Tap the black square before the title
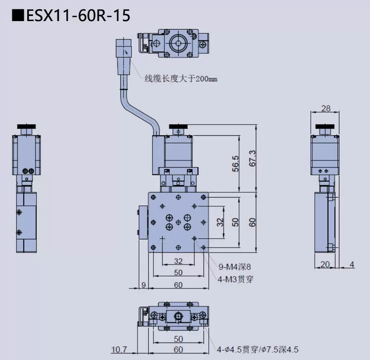pyautogui.click(x=17, y=16)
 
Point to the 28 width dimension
pyautogui.click(x=326, y=108)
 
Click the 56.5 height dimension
pyautogui.click(x=236, y=163)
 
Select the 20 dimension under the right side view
pyautogui.click(x=325, y=264)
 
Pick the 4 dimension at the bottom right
pyautogui.click(x=352, y=264)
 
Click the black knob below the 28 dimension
pyautogui.click(x=325, y=127)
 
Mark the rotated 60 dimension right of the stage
pyautogui.click(x=252, y=222)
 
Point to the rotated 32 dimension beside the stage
pyautogui.click(x=220, y=222)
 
